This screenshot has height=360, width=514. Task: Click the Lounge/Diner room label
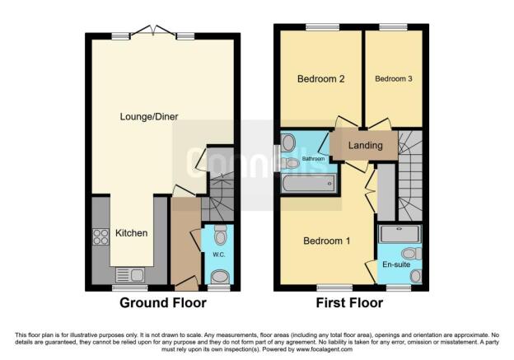pos(149,116)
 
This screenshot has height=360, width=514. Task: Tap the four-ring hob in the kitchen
pos(102,236)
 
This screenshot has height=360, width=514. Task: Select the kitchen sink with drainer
pos(130,274)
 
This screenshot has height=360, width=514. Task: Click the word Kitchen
pos(131,233)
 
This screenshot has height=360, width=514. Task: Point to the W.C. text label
pos(218,255)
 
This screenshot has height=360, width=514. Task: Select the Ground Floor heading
pos(163,303)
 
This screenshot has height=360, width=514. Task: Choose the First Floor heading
pos(350,303)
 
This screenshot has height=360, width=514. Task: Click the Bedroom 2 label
pos(320,79)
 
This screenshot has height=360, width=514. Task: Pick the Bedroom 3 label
pos(392,79)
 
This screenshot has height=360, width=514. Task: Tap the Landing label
pos(366,146)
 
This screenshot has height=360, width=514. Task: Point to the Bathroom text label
pos(312,157)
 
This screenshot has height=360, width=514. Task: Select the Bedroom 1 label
pos(327,241)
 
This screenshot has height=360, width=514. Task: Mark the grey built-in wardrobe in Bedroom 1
pos(385,192)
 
